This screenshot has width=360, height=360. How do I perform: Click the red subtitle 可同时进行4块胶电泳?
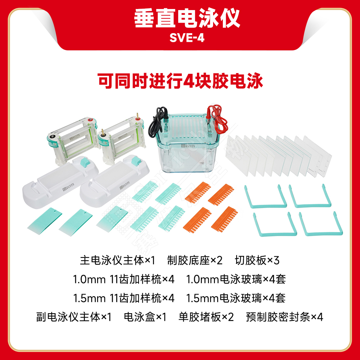(180, 81)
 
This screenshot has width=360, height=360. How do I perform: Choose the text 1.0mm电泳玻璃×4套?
(236, 279)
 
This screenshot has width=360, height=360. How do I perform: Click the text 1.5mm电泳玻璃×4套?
(236, 298)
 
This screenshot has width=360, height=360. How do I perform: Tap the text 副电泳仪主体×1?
(74, 317)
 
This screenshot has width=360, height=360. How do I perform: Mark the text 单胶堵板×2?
(206, 317)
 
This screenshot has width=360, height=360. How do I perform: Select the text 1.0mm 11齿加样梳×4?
(123, 279)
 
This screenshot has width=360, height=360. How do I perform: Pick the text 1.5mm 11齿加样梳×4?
(123, 298)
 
